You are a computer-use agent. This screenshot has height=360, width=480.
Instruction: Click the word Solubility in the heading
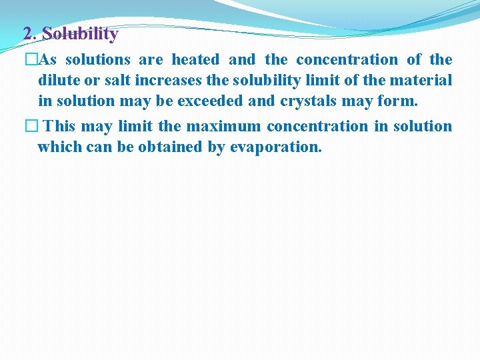click(x=80, y=33)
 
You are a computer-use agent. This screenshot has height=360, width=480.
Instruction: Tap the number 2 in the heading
click(x=27, y=33)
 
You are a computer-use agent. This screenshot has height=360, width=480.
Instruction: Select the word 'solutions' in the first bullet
click(x=97, y=60)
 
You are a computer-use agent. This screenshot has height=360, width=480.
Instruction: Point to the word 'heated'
click(x=195, y=60)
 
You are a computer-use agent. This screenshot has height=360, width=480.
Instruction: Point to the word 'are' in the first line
click(x=151, y=60)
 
